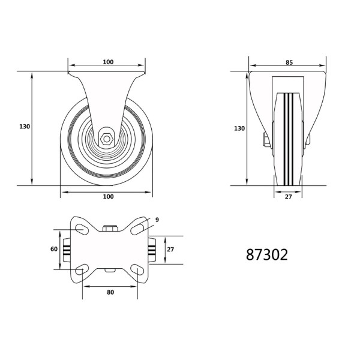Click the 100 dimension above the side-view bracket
(x=108, y=62)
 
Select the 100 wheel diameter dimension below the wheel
(x=108, y=197)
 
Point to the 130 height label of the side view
(x=24, y=127)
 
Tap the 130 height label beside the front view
(x=239, y=128)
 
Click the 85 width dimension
(x=289, y=62)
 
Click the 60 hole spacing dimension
(x=54, y=249)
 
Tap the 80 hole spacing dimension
(x=110, y=292)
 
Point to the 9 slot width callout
(x=157, y=220)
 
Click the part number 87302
(x=267, y=254)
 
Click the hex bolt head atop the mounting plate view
(x=110, y=228)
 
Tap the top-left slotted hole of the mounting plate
(x=81, y=229)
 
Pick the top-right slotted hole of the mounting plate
(x=137, y=229)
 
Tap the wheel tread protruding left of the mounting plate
(x=67, y=249)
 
